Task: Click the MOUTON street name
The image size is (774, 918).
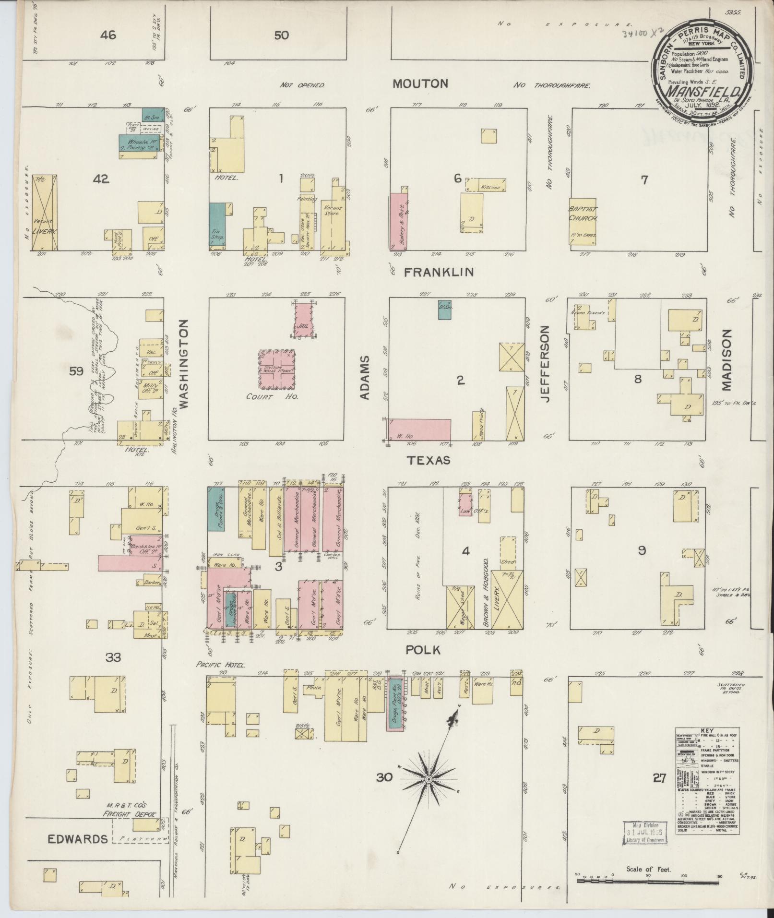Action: point(420,84)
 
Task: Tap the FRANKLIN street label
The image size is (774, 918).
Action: point(439,273)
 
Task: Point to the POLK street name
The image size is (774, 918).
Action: point(423,650)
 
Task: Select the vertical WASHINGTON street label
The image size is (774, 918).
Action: point(185,365)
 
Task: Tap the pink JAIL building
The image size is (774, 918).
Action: point(305,320)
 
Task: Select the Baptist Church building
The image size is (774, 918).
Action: point(583,223)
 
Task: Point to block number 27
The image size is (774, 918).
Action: point(659,777)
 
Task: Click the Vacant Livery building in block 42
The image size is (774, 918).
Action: point(45,213)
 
